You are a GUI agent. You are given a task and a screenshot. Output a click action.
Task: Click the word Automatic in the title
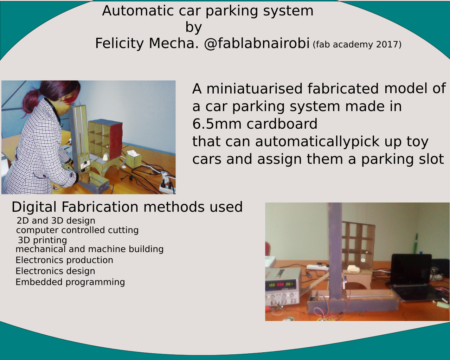[x=138, y=11]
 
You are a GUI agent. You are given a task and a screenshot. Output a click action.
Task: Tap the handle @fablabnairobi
[x=257, y=44]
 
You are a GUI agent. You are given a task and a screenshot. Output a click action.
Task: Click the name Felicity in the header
[x=120, y=44]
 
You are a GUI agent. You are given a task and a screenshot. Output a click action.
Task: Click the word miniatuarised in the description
[x=255, y=89]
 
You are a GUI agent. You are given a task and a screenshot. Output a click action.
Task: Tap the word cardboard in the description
[x=282, y=124]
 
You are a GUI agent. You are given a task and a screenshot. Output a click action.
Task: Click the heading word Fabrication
[x=100, y=207]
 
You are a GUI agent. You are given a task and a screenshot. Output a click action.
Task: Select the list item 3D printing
[x=43, y=240]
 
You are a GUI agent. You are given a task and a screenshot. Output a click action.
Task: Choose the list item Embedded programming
[x=70, y=282]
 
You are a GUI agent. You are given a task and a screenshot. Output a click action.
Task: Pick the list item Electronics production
[x=64, y=260]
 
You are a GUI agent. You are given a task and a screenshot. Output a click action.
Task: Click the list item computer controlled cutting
[x=77, y=230]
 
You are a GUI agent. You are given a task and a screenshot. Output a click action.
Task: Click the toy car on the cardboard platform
[x=353, y=269]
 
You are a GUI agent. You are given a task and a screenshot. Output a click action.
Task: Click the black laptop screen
[x=411, y=269]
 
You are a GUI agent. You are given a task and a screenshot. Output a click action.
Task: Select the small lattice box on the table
[x=134, y=160]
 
